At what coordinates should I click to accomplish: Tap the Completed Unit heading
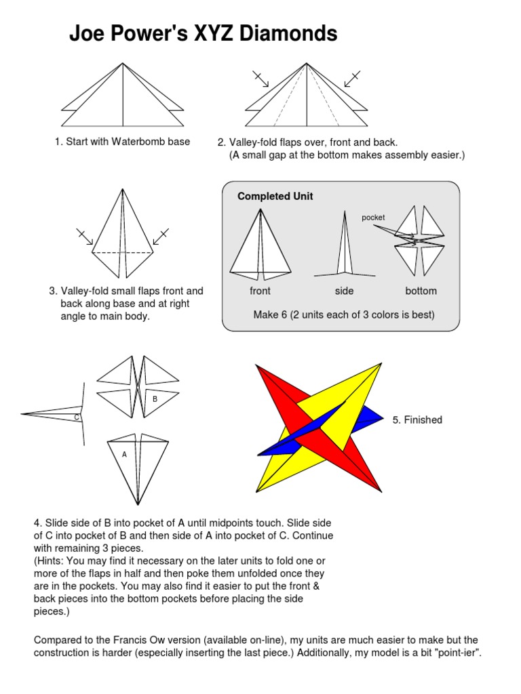pos(275,197)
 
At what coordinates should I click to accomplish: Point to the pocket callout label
pos(373,218)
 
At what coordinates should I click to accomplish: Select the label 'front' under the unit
pos(260,291)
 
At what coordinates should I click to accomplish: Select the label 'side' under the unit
pos(345,291)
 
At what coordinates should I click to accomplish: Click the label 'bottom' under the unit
pos(421,291)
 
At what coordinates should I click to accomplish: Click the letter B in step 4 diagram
pos(155,399)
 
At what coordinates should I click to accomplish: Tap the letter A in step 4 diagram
pos(124,455)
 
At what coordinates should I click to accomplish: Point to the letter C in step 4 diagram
pos(77,417)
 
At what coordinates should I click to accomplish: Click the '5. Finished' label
pos(417,420)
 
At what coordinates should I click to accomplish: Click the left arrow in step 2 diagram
pos(260,79)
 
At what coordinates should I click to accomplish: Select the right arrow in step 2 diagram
pos(352,79)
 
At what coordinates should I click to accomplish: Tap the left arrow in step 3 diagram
pos(85,237)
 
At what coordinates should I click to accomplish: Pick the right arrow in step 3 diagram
pos(161,237)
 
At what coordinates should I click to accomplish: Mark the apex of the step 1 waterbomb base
pos(123,64)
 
